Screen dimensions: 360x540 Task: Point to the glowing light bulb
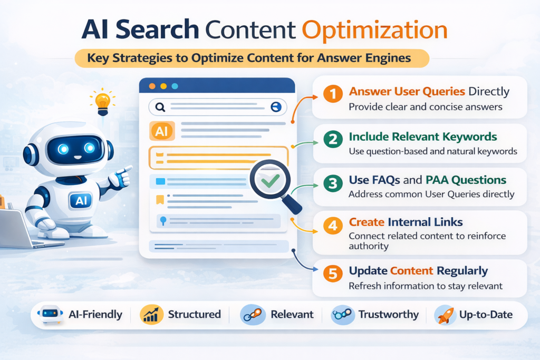(102, 101)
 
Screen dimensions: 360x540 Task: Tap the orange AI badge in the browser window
(161, 132)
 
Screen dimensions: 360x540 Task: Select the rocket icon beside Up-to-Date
(445, 315)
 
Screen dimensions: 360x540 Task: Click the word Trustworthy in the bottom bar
(388, 315)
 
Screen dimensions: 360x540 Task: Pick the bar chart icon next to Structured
(150, 315)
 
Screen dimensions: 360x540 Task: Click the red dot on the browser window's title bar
(152, 86)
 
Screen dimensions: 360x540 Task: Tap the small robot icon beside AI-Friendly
(51, 315)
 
